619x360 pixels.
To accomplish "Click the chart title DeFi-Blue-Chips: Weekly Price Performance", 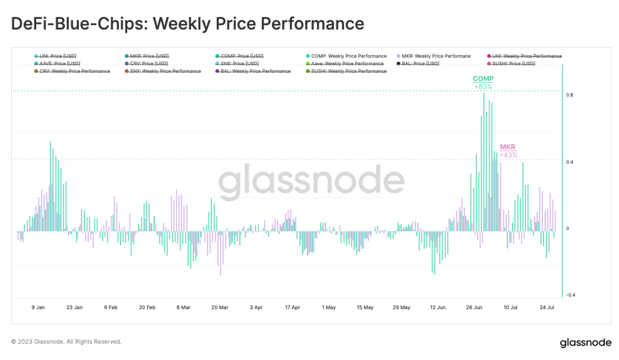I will point(187,24).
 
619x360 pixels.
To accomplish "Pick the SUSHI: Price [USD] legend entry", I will point(513,64).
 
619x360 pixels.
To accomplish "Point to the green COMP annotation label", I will point(483,79).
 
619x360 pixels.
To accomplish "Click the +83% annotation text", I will point(483,87).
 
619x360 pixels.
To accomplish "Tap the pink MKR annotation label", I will point(507,147).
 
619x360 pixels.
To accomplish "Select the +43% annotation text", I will point(508,155).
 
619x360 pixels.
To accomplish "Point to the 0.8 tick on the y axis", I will point(569,95).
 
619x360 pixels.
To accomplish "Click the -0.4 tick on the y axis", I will point(570,295).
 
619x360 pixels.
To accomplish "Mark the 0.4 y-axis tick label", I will point(569,162).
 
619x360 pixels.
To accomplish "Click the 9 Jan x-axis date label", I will point(38,308).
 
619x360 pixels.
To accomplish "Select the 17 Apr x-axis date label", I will point(292,308).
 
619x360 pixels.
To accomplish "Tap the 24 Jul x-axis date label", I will point(547,308).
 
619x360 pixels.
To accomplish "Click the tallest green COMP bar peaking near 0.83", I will point(484,161).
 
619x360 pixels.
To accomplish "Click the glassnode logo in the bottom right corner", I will point(585,343).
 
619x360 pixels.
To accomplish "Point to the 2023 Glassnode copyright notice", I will point(66,342).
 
